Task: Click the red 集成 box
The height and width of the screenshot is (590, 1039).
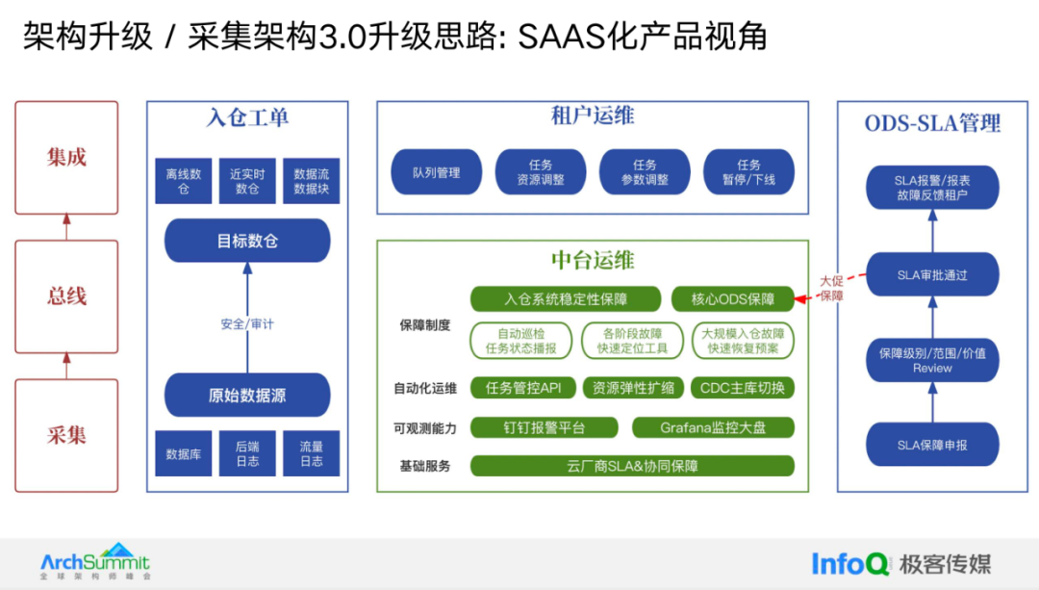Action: [x=66, y=157]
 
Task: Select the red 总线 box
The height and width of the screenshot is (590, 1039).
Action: [x=66, y=296]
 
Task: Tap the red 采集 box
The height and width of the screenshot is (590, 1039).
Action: [x=66, y=435]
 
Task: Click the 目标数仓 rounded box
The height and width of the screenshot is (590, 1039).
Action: [x=247, y=241]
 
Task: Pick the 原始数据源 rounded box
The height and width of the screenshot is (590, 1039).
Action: [x=247, y=396]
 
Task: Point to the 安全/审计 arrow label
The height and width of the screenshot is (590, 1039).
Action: [x=247, y=324]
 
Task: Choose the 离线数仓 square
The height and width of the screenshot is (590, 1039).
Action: [x=184, y=181]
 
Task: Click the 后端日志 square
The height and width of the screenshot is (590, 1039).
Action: [x=247, y=453]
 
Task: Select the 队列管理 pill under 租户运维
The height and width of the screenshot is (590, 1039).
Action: [x=437, y=172]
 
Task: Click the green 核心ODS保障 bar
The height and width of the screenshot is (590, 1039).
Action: [x=733, y=299]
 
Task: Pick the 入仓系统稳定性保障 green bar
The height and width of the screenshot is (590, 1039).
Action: [x=566, y=299]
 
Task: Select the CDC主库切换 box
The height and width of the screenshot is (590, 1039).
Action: [x=742, y=388]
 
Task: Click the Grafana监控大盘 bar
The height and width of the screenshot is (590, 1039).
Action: [x=713, y=427]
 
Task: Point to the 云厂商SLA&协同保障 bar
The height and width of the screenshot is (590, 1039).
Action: [x=632, y=466]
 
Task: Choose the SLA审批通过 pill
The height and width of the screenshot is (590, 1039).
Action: [x=932, y=275]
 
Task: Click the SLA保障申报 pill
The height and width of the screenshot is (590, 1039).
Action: [x=932, y=445]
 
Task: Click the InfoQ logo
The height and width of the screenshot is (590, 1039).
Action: [x=851, y=564]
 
